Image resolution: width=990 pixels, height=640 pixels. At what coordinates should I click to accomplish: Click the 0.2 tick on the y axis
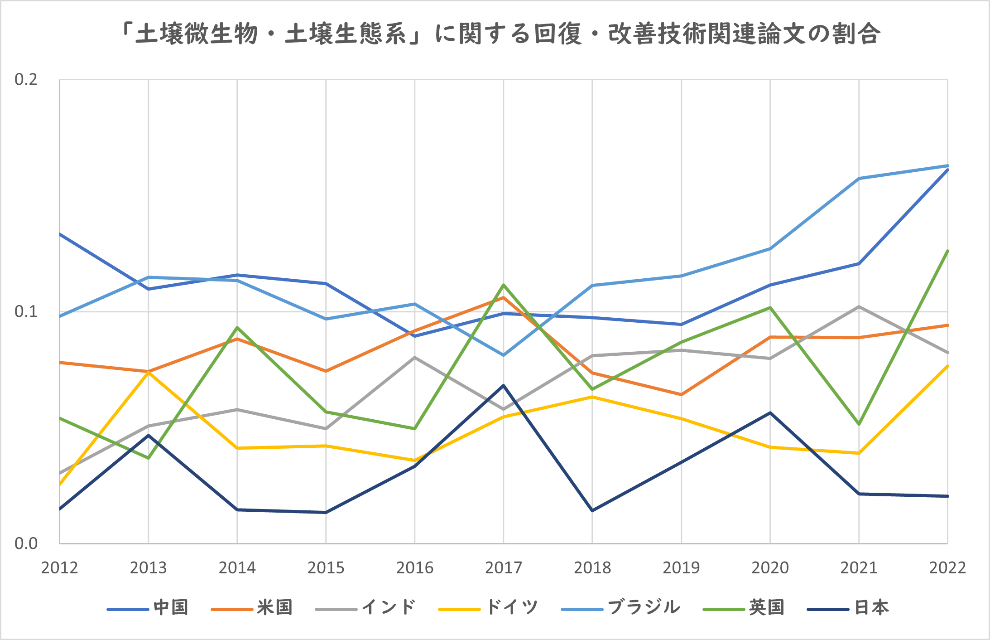[x=26, y=80]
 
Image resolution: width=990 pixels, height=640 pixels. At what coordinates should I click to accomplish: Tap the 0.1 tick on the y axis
[x=26, y=312]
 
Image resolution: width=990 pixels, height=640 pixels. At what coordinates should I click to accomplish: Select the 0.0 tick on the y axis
[x=26, y=543]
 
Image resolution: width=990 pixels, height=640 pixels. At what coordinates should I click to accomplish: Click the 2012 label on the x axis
[x=59, y=567]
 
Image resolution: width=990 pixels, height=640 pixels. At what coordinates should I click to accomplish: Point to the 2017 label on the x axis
[x=504, y=567]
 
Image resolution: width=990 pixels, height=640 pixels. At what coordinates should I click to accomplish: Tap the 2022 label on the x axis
[x=947, y=567]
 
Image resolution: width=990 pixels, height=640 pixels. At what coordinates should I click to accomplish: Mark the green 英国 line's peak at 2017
[x=504, y=285]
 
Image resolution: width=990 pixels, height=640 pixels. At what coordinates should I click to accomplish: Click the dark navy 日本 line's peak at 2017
[x=504, y=385]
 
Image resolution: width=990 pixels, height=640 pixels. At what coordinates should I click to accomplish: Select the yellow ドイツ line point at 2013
[x=149, y=373]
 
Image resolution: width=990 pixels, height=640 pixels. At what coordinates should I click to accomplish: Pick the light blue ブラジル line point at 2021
[x=859, y=179]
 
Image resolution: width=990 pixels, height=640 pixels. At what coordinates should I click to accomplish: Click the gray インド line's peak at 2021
[x=859, y=307]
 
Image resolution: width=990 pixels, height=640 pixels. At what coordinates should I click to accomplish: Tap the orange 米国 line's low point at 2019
[x=681, y=395]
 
